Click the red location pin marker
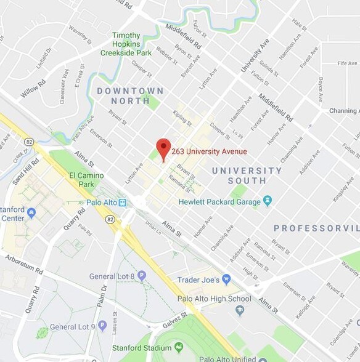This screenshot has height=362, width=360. click(163, 148)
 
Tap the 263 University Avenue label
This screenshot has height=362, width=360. click(209, 151)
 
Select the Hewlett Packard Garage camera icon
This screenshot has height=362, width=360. click(267, 201)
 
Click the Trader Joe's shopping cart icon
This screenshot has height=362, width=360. click(226, 280)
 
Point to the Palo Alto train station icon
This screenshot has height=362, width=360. click(123, 202)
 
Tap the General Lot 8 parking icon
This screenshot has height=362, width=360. click(142, 276)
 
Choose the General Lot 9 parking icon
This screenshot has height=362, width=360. click(102, 326)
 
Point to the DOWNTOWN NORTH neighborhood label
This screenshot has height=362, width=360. click(130, 96)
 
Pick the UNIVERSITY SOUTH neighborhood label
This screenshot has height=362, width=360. click(247, 175)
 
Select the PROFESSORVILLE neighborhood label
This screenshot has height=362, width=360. click(316, 228)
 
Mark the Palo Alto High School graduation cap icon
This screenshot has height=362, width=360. click(239, 310)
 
